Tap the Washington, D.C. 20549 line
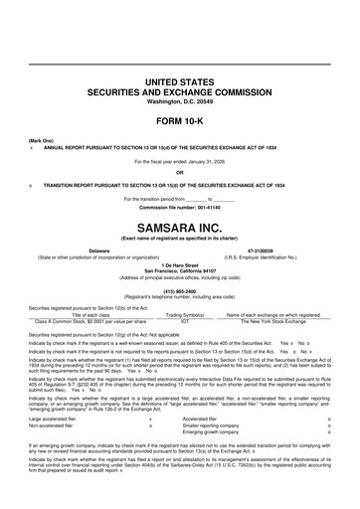point(180,100)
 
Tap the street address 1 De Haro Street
point(180,264)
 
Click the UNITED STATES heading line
point(180,80)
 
